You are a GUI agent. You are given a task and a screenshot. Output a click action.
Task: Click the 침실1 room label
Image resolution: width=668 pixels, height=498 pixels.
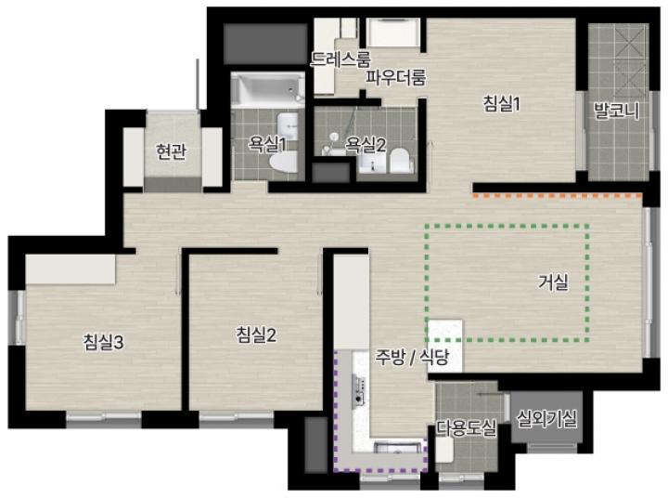pos(502,104)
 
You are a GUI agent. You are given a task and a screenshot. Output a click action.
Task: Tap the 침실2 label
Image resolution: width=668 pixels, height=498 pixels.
pos(256,335)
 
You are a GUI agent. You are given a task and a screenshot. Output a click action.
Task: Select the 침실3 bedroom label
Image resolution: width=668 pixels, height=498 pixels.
pos(104,342)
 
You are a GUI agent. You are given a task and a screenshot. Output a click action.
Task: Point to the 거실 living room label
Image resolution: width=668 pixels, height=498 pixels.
pos(553,282)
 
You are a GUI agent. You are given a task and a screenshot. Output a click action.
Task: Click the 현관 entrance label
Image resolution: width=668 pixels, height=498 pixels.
pos(171,151)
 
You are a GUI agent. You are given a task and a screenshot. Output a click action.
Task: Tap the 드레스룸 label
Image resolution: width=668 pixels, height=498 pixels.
pos(340,59)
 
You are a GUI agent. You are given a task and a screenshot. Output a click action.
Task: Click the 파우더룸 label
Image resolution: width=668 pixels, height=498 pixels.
pos(396,78)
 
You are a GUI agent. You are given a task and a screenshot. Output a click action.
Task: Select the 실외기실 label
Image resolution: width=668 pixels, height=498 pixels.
pos(547,419)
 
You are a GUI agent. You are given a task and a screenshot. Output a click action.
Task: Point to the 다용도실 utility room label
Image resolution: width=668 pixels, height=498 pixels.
pos(466,427)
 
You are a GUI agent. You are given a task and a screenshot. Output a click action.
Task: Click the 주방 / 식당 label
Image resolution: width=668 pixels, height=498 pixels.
pos(412,357)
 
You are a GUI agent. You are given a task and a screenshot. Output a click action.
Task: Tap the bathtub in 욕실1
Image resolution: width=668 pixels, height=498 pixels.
pos(267,89)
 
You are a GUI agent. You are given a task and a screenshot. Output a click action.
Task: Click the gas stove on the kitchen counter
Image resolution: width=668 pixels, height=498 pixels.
pos(359,388)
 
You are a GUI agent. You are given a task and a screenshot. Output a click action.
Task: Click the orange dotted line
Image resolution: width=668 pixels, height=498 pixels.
pos(558,196)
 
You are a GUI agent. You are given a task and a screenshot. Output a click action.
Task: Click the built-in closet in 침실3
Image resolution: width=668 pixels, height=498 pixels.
pos(71,269)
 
